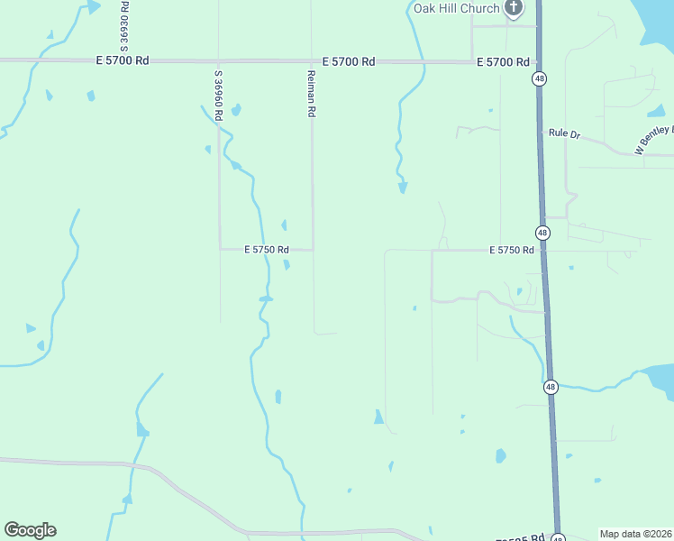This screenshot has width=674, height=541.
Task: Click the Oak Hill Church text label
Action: tap(456, 8)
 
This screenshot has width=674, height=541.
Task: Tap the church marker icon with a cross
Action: tap(514, 8)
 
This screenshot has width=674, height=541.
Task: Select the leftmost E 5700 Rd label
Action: tap(122, 60)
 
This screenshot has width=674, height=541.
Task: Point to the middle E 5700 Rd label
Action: tap(349, 61)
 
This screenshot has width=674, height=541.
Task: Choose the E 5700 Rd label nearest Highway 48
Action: tap(502, 61)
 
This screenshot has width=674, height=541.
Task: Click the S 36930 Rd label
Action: tap(124, 25)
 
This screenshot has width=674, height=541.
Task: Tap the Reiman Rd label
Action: tap(312, 94)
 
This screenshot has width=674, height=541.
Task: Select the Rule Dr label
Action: tap(565, 133)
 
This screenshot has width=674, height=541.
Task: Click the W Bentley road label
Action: tap(654, 140)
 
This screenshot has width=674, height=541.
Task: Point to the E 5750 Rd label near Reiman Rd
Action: tap(266, 250)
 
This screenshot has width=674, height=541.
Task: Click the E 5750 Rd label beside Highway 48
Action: tap(512, 250)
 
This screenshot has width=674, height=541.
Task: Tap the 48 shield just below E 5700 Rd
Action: tap(539, 79)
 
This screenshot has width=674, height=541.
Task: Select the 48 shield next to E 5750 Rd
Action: tap(542, 233)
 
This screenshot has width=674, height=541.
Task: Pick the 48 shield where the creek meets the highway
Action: tap(551, 388)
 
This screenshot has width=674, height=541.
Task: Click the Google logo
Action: tap(30, 530)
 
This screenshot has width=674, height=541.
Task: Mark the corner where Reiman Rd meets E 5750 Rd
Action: tap(313, 250)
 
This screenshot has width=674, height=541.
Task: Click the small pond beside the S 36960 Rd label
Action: tap(236, 111)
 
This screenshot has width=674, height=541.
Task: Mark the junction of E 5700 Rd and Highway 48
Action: tap(538, 62)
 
